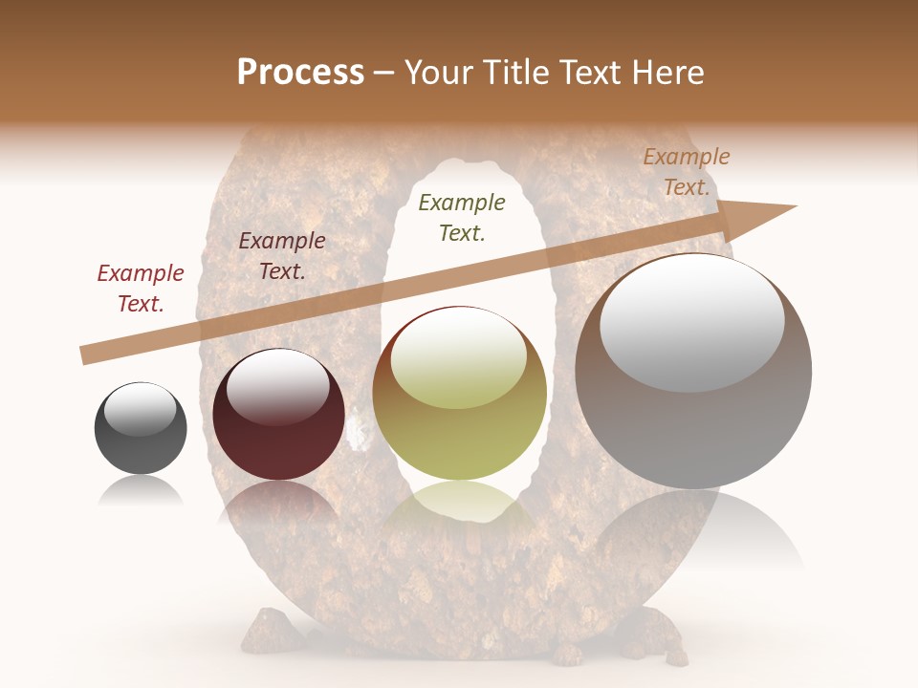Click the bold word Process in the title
[x=300, y=73]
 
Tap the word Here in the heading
[x=667, y=73]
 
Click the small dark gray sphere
[x=141, y=429]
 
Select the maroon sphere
[x=278, y=415]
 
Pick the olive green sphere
[x=460, y=394]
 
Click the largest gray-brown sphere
[x=693, y=373]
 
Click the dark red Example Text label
[x=141, y=289]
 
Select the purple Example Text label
[x=282, y=256]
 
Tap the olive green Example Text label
[x=462, y=217]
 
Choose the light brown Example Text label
[x=687, y=172]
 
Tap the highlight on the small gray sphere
[x=141, y=410]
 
